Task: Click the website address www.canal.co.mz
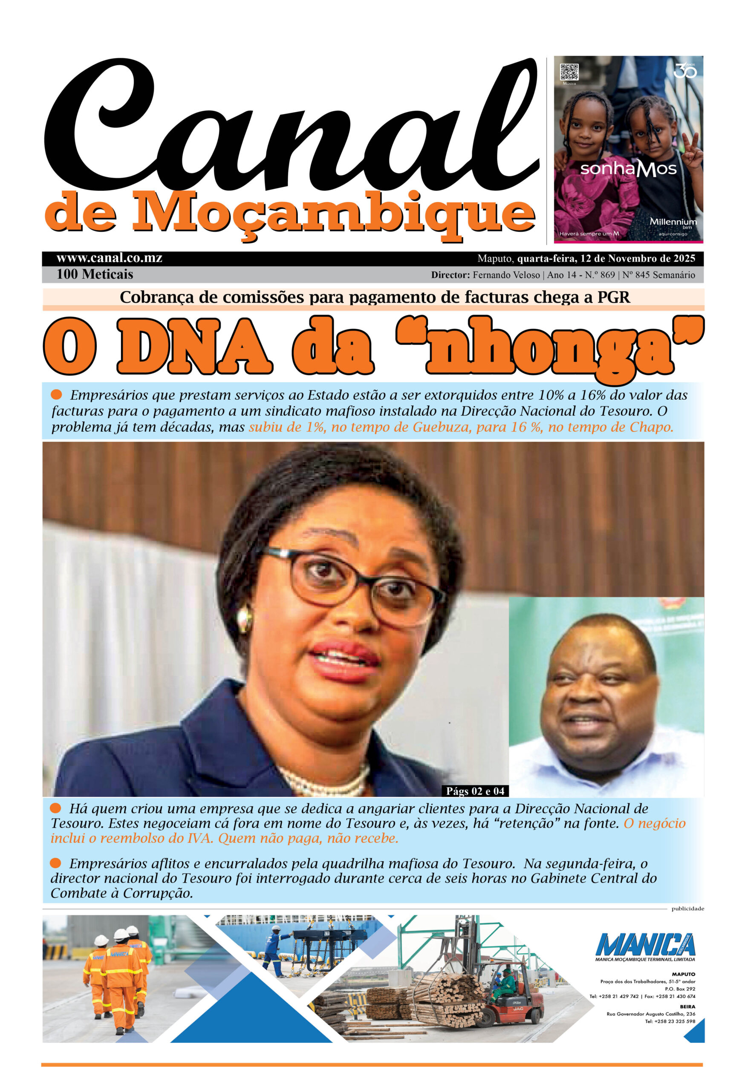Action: tap(110, 258)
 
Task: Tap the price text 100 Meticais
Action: tap(94, 274)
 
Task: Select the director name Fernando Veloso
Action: tap(506, 275)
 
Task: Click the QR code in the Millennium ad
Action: tap(569, 72)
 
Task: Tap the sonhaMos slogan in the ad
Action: tap(628, 169)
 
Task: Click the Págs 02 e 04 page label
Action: tap(475, 791)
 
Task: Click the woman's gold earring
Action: tap(244, 618)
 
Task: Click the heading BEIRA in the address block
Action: tap(687, 1007)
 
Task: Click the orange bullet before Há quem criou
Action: tap(55, 808)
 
